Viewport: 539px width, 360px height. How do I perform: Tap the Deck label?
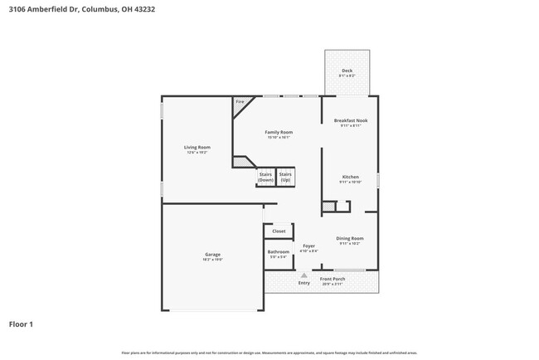click(347, 71)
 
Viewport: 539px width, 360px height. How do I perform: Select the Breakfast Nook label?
click(350, 120)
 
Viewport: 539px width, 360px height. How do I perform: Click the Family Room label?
click(279, 132)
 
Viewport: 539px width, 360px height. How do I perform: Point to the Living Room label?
click(197, 148)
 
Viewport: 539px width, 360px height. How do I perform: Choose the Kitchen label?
click(350, 177)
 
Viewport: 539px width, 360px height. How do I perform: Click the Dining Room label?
click(349, 238)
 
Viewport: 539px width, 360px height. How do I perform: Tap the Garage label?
click(212, 254)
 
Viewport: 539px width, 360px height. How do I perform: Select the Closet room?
click(279, 231)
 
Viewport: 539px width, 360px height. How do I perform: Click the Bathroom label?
click(278, 251)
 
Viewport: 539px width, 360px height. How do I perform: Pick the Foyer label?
click(308, 246)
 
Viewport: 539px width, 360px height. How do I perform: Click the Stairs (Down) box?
click(265, 177)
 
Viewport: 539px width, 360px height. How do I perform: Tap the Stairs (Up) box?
click(285, 177)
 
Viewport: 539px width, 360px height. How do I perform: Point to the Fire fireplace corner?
click(240, 102)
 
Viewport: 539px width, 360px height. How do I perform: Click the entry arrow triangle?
click(303, 275)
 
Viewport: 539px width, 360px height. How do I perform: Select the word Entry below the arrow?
click(303, 283)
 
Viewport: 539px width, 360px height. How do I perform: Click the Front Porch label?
click(333, 279)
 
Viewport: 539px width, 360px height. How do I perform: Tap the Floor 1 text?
click(21, 324)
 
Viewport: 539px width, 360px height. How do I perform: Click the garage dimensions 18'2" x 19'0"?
click(212, 260)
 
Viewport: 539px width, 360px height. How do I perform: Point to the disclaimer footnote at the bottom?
click(269, 353)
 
